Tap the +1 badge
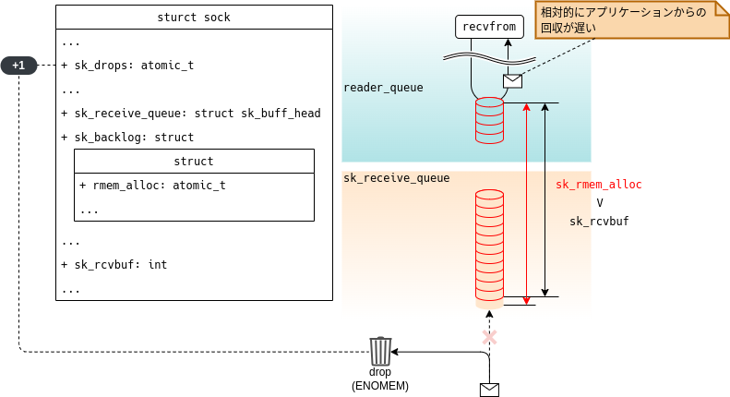pyautogui.click(x=18, y=66)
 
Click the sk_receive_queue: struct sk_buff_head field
pyautogui.click(x=190, y=114)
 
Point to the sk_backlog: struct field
pyautogui.click(x=127, y=138)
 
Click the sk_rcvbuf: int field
pyautogui.click(x=114, y=264)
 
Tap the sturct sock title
pyautogui.click(x=194, y=18)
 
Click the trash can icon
pyautogui.click(x=380, y=352)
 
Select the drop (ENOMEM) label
pyautogui.click(x=380, y=379)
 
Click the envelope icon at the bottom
pyautogui.click(x=489, y=390)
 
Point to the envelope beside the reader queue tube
pyautogui.click(x=512, y=81)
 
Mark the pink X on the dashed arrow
pyautogui.click(x=490, y=338)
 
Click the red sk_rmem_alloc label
pyautogui.click(x=598, y=185)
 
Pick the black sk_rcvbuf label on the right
pyautogui.click(x=599, y=222)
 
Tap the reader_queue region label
pyautogui.click(x=383, y=88)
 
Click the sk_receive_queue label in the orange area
pyautogui.click(x=396, y=178)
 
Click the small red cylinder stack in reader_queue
pyautogui.click(x=489, y=120)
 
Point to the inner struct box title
pyautogui.click(x=194, y=162)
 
